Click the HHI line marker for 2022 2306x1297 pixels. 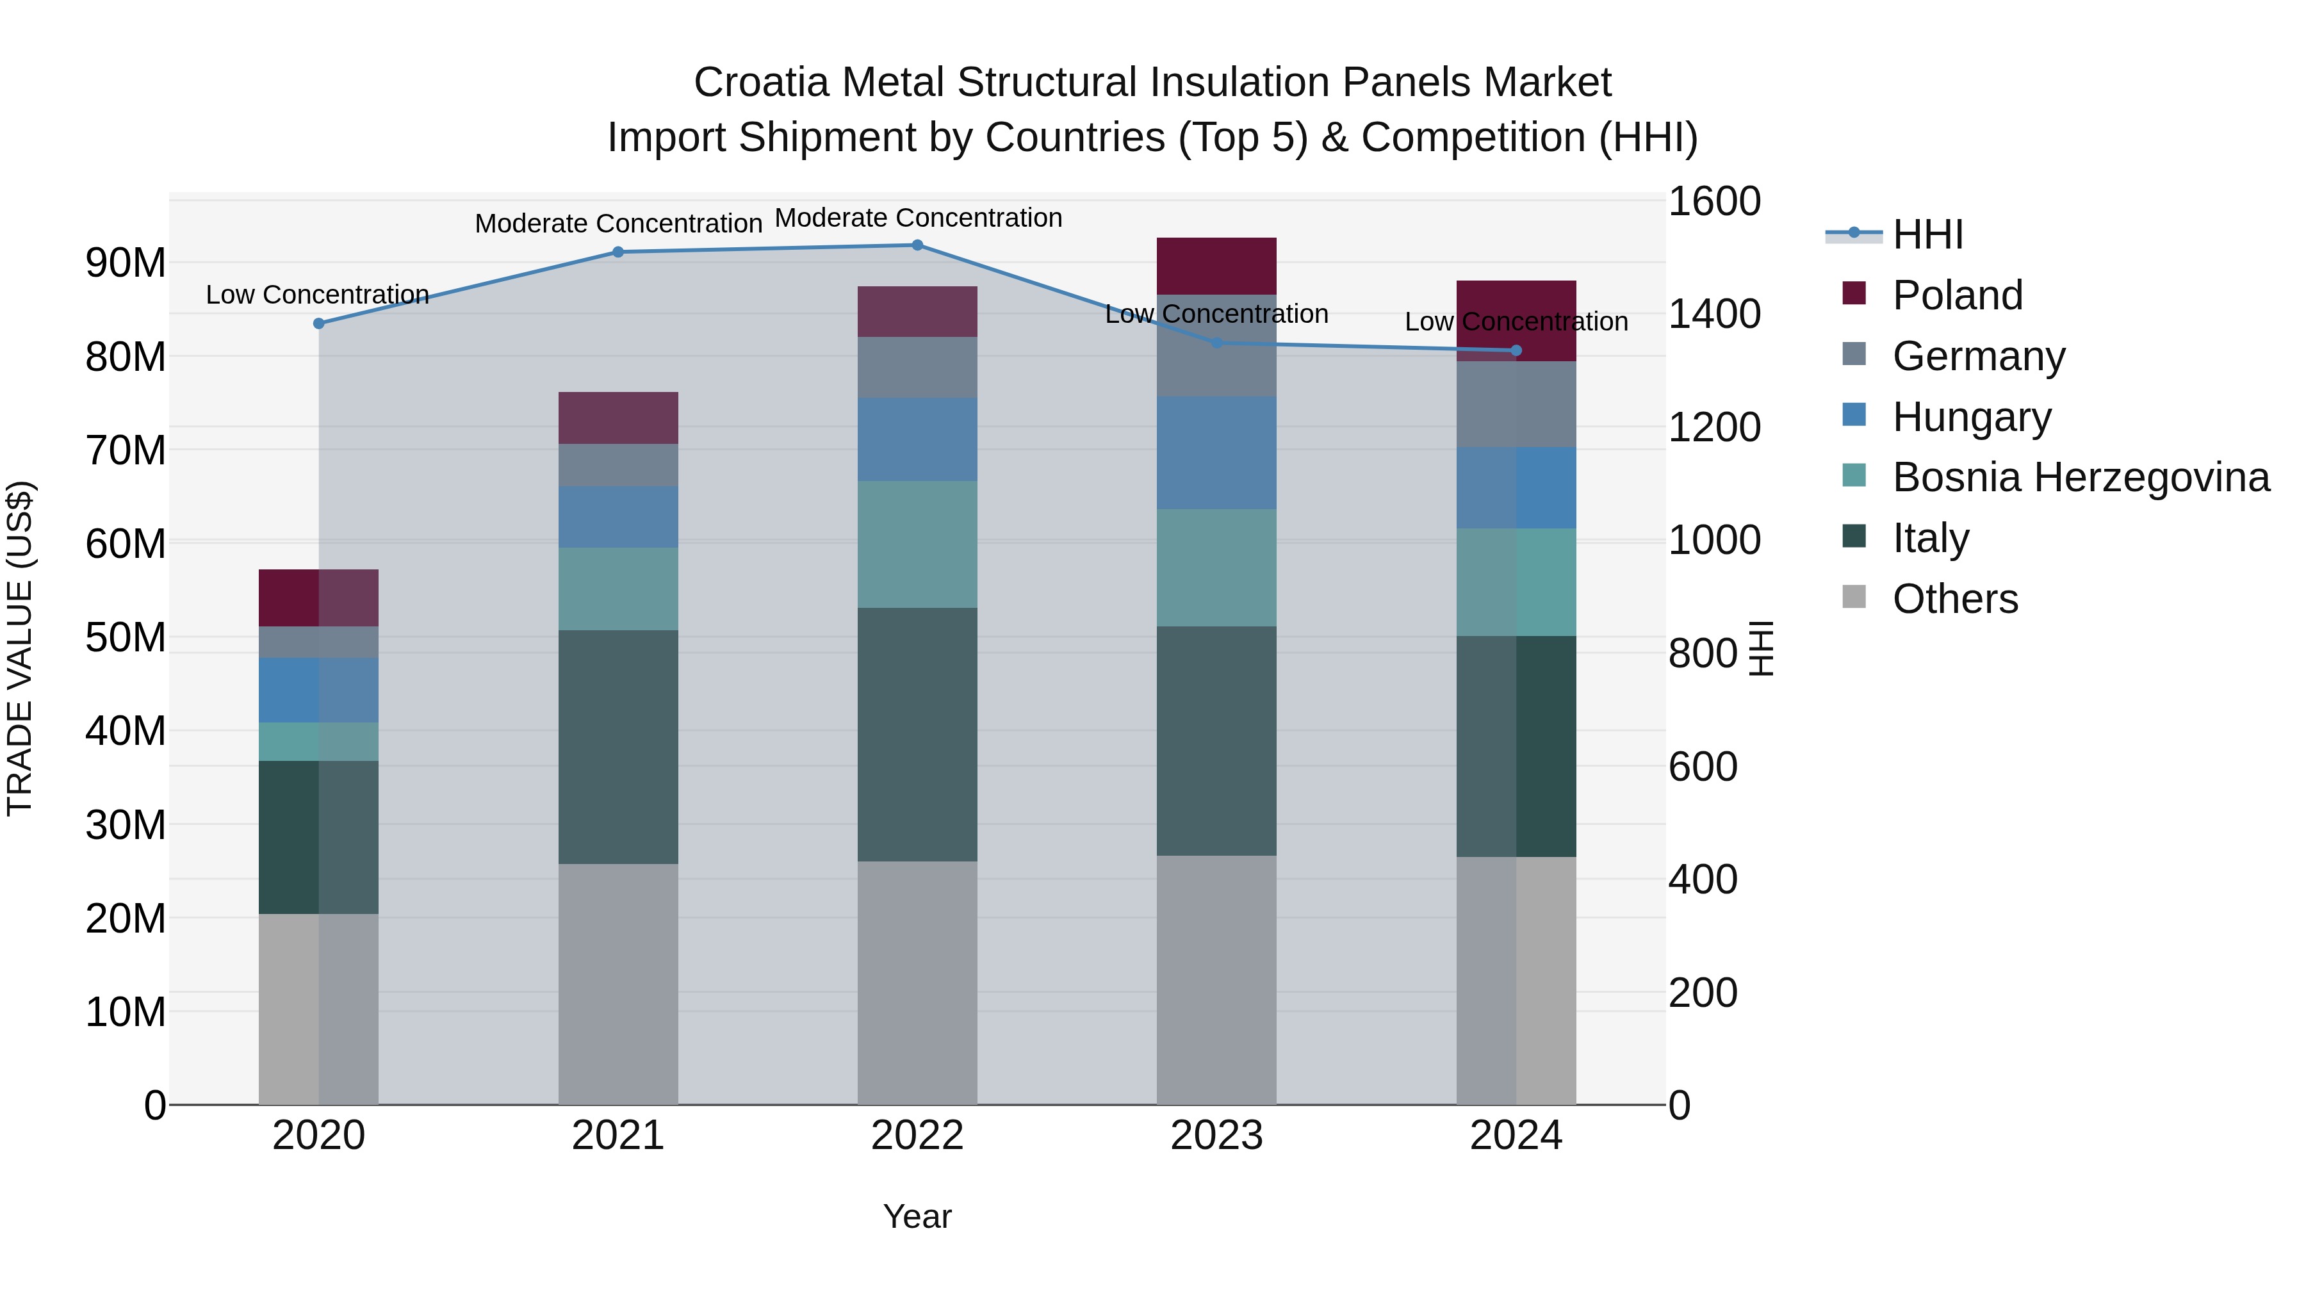[917, 245]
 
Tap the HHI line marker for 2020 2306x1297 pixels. [319, 323]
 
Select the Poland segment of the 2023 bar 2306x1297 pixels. [1216, 266]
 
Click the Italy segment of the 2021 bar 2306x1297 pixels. [617, 747]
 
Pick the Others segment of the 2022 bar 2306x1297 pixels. [917, 982]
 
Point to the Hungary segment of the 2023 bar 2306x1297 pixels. [1216, 453]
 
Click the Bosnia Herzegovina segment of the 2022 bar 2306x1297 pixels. [917, 544]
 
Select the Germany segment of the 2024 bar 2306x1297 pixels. [1516, 404]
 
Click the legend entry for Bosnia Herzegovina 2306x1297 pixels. [2081, 477]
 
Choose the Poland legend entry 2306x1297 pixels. [1957, 295]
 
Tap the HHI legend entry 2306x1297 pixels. [1927, 234]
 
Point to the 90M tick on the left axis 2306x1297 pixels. [126, 263]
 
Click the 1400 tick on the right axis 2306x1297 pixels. [1713, 314]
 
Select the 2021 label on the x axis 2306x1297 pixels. [617, 1136]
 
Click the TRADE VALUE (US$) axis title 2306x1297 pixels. [20, 648]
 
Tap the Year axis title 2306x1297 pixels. [917, 1216]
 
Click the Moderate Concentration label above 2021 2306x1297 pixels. [617, 224]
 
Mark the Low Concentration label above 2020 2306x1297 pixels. [317, 295]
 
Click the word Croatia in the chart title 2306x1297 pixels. [761, 83]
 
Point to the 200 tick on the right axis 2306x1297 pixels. [1702, 993]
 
